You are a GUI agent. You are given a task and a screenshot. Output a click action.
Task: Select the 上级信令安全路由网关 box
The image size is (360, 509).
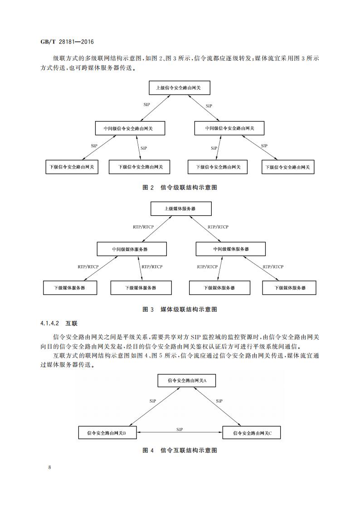pos(180,88)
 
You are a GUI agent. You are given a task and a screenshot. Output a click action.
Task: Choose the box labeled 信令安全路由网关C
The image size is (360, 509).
pos(252,433)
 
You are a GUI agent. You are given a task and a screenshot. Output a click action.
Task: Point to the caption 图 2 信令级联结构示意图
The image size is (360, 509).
pos(180,187)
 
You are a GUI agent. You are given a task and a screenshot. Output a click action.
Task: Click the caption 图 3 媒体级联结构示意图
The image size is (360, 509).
pos(180,309)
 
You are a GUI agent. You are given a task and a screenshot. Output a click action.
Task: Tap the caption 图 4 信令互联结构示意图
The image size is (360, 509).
pos(180,450)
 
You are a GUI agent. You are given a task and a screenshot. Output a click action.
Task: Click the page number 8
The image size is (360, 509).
pos(49,467)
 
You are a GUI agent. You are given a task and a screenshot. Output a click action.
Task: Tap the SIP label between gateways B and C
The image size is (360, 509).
pos(180,429)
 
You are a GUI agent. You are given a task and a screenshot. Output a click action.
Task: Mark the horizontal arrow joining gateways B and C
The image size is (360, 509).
pos(180,433)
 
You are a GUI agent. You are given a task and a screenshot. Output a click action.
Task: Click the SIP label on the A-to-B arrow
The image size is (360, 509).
pos(153,401)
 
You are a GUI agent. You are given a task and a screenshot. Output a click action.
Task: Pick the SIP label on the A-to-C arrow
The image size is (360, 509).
pos(219,401)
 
